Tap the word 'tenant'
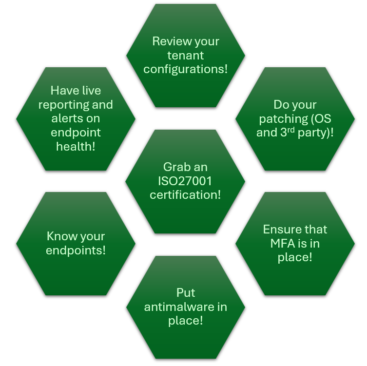tap(185, 55)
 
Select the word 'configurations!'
tap(185, 69)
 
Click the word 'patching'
tap(281, 118)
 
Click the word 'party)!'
tap(315, 132)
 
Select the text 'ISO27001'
tap(185, 181)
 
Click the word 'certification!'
tap(185, 195)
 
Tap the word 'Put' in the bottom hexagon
tap(185, 293)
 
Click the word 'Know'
tap(61, 236)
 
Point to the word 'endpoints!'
tap(76, 250)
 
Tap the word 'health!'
tap(76, 146)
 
